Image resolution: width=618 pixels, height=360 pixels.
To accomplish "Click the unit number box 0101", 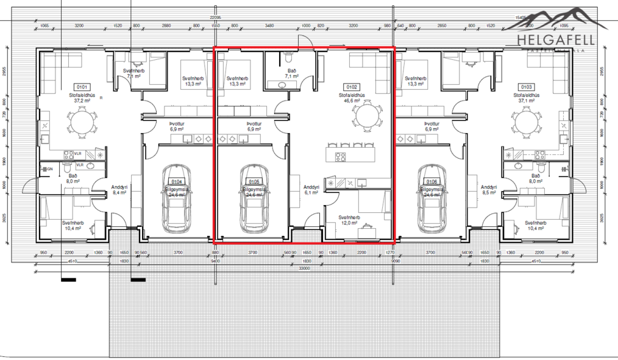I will [82, 87].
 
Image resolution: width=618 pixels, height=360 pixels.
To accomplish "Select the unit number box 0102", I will [351, 87].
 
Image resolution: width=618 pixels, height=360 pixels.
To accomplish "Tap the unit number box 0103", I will [526, 87].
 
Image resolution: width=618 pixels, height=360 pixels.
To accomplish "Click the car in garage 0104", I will [175, 199].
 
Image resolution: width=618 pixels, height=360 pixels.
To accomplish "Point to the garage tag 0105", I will [254, 182].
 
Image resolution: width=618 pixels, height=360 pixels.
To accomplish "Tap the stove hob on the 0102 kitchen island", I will [340, 155].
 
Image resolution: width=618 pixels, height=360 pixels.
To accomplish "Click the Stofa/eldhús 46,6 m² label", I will [351, 98].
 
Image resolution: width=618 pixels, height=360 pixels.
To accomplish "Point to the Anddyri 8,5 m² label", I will [489, 189].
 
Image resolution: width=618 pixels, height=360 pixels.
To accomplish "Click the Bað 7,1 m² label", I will [292, 73].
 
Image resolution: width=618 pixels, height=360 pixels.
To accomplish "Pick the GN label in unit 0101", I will [50, 169].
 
